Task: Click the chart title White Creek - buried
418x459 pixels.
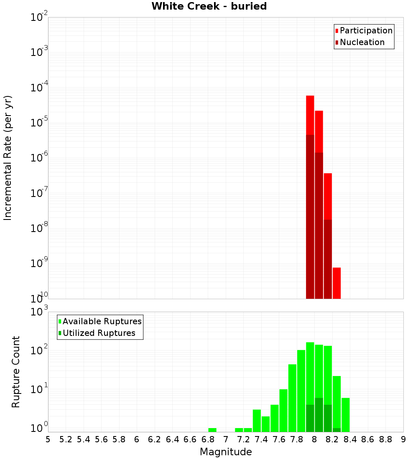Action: click(x=209, y=6)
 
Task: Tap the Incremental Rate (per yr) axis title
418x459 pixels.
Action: click(x=8, y=158)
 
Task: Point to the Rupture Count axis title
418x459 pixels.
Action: click(x=16, y=371)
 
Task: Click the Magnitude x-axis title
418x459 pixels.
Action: click(x=226, y=452)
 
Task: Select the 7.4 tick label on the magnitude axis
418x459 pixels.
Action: click(x=261, y=439)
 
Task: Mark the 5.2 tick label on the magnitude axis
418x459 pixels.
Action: click(x=66, y=439)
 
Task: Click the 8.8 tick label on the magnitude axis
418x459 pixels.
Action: click(x=385, y=439)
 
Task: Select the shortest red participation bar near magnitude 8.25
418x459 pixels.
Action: click(x=336, y=283)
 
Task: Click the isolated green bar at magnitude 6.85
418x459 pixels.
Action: click(x=212, y=430)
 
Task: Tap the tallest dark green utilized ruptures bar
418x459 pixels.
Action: click(x=319, y=415)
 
